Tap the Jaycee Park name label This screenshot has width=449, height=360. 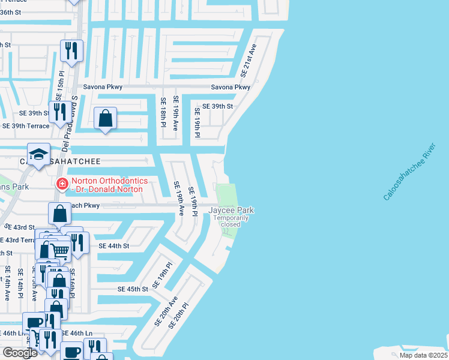(231, 210)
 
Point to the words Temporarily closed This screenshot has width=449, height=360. (231, 221)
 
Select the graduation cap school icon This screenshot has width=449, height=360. (38, 155)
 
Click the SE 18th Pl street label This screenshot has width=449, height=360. (163, 112)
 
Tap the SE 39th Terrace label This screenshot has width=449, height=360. (26, 126)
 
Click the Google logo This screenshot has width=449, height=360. (19, 353)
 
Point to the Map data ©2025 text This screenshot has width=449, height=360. (424, 355)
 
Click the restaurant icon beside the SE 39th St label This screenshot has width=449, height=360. (59, 112)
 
